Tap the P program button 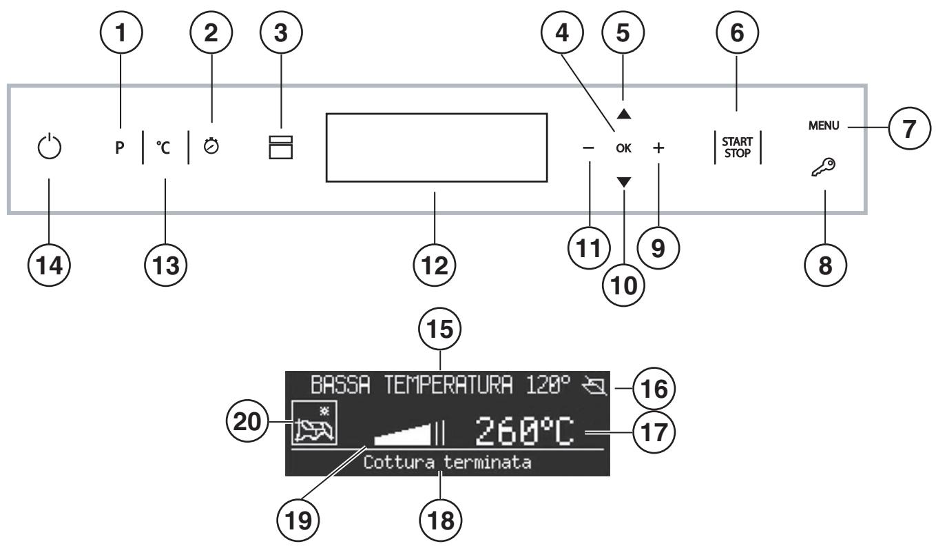[x=119, y=148]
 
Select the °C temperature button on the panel [x=165, y=148]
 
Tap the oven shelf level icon [x=281, y=148]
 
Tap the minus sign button [x=587, y=148]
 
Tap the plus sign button [x=658, y=148]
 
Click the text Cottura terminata [x=447, y=463]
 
